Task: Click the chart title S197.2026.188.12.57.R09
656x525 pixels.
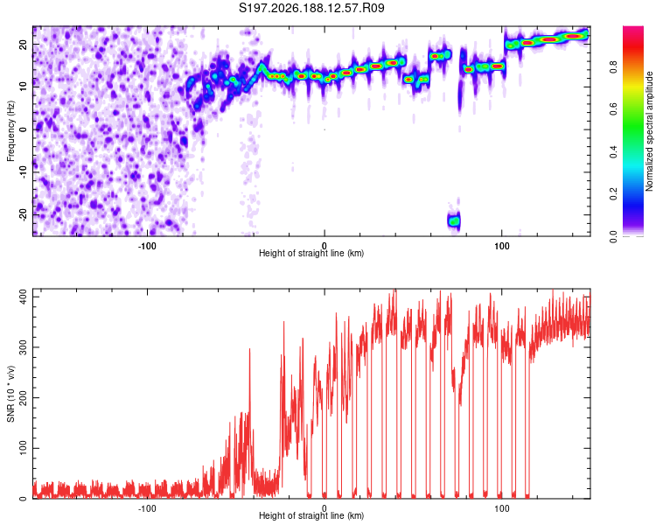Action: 311,8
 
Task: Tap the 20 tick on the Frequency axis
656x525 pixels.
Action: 23,44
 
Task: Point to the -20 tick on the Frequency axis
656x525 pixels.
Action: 23,214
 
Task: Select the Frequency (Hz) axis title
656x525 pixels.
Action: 10,131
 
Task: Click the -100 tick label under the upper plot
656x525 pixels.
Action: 147,246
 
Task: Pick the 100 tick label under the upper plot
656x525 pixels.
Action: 502,246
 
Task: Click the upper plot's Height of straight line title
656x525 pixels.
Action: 311,253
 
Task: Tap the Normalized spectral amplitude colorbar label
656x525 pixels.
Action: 649,131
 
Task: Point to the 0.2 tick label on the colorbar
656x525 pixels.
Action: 613,194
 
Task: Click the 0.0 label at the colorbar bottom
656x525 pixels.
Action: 613,237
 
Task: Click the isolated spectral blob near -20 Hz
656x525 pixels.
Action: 453,220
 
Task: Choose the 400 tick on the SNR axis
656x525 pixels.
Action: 23,297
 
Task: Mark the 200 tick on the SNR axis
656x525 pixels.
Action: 23,398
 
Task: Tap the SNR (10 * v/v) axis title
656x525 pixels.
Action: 10,394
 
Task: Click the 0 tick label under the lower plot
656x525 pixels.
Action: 325,508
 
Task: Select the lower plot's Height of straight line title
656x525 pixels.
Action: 311,515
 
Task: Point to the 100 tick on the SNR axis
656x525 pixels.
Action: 23,448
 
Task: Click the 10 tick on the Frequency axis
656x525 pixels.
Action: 23,87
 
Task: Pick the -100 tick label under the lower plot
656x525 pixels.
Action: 147,508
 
